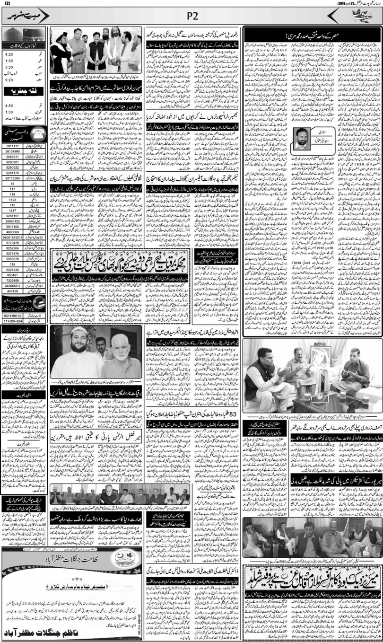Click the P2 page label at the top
[x=191, y=16]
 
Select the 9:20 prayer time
[x=9, y=79]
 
